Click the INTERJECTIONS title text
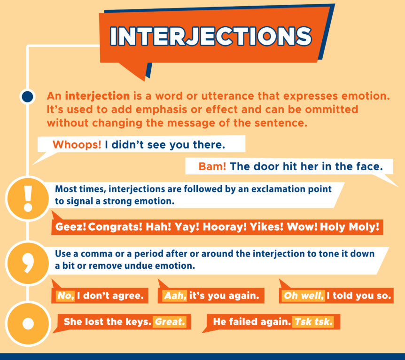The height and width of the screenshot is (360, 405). (210, 35)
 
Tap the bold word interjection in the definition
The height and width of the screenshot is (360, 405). (97, 96)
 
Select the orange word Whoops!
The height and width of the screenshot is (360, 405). (77, 145)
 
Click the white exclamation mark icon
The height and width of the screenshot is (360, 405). (28, 200)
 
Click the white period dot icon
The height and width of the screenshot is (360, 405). (28, 324)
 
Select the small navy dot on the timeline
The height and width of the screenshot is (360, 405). (28, 96)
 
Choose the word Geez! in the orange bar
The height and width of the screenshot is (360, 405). (71, 227)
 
